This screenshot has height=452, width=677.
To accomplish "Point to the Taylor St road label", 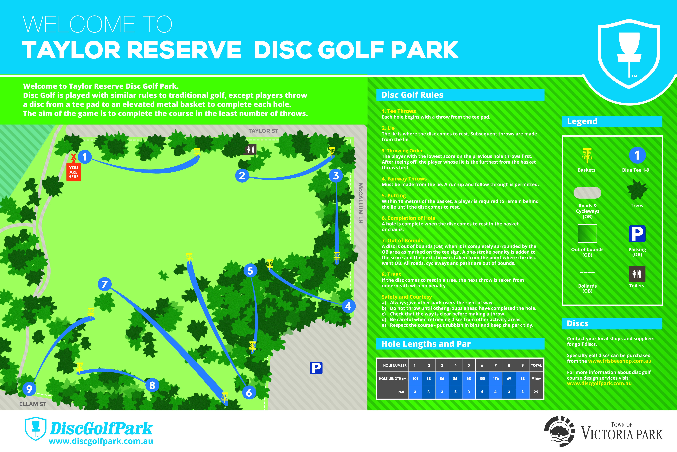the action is tap(263, 131).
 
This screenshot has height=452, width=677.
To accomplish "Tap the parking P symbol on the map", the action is tap(316, 368).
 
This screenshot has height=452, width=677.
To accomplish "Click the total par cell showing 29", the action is tap(536, 392).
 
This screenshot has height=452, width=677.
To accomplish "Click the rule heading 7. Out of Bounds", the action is tap(402, 240).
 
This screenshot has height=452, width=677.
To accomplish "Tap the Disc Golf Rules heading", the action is tap(412, 95).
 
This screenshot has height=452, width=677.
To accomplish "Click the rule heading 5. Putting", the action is tap(394, 195).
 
